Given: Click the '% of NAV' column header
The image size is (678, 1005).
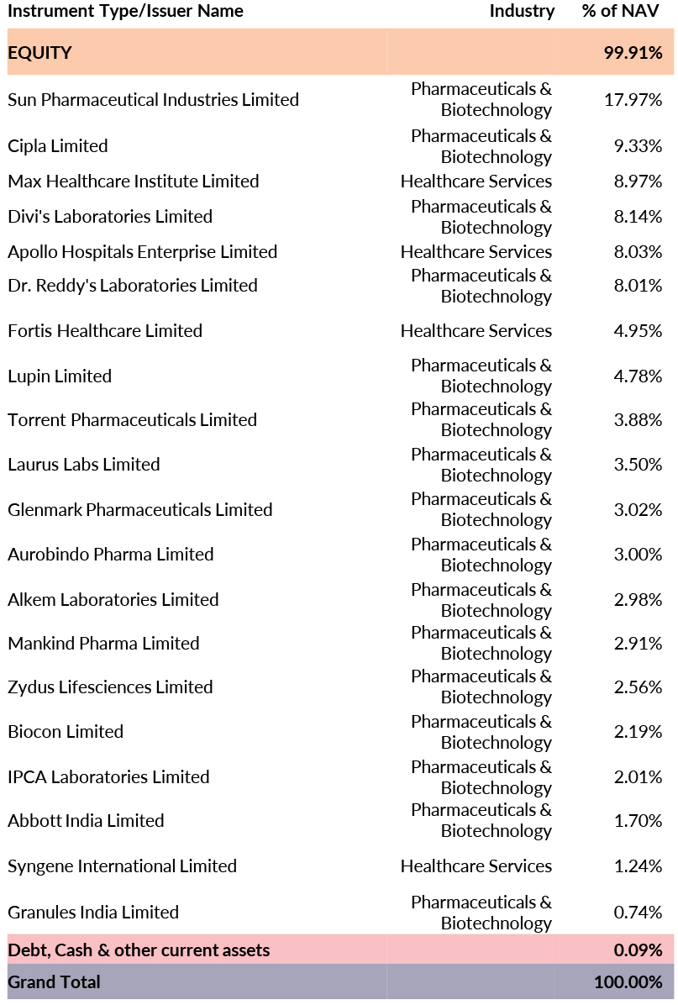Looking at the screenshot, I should pos(620,11).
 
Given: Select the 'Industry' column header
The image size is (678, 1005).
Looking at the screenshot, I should pos(522,11).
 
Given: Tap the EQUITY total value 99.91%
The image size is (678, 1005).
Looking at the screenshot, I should pos(633,53).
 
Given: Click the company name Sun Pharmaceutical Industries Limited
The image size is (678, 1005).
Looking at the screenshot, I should pos(153,100).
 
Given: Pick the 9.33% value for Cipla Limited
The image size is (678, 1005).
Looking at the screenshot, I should pos(638,146).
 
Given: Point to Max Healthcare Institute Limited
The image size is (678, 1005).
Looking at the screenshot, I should pos(133,182).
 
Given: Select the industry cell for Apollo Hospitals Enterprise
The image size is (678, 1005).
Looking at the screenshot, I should pos(476,252).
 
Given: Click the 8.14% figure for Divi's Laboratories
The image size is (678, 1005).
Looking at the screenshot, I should pos(638,217).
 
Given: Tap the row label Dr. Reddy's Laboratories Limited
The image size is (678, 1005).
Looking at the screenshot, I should pos(132,286).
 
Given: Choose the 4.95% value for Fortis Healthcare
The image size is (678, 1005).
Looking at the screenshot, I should pos(638,331).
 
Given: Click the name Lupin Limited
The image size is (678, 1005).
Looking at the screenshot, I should pos(60,376).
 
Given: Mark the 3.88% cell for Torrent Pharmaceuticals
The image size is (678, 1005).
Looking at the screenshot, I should pos(638,420).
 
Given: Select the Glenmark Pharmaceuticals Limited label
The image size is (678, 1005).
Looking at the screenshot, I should pos(139,510).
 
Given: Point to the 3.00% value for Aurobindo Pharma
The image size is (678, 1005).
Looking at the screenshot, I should pos(638,555).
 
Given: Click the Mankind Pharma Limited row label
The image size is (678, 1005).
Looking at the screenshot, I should pos(103,644).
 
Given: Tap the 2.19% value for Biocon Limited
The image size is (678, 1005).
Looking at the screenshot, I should pos(638,732).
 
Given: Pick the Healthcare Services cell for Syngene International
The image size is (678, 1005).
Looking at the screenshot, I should pos(476,866).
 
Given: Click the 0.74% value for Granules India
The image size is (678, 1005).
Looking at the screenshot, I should pos(638,913).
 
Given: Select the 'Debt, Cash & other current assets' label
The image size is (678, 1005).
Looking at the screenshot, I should pos(139,950).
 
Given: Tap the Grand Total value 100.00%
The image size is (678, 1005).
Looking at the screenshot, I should pos(628,981).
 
